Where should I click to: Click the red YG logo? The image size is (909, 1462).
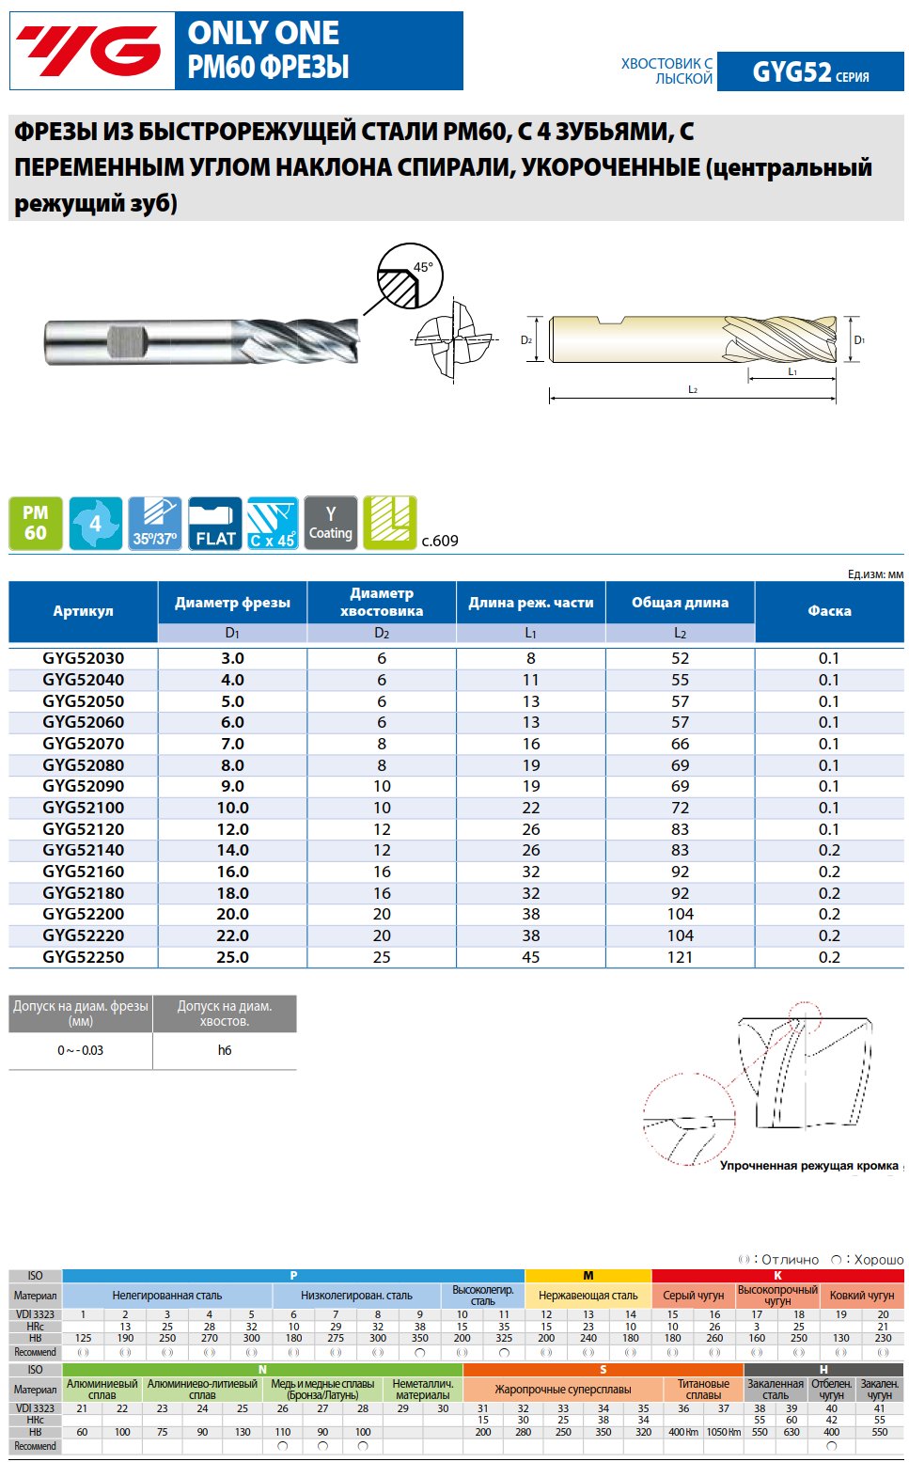click(x=88, y=50)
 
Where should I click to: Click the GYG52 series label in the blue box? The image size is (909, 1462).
click(x=810, y=71)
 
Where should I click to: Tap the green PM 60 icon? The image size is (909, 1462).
click(x=36, y=523)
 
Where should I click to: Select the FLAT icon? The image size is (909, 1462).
click(x=214, y=523)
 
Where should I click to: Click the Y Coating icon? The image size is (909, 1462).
click(x=331, y=523)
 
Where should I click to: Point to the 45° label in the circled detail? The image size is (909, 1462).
click(x=423, y=267)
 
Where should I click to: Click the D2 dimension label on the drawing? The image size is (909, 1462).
click(x=526, y=340)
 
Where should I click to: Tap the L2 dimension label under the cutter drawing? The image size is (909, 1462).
click(x=693, y=389)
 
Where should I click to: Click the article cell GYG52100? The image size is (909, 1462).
click(x=84, y=808)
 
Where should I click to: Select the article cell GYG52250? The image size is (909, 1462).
click(x=84, y=957)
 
